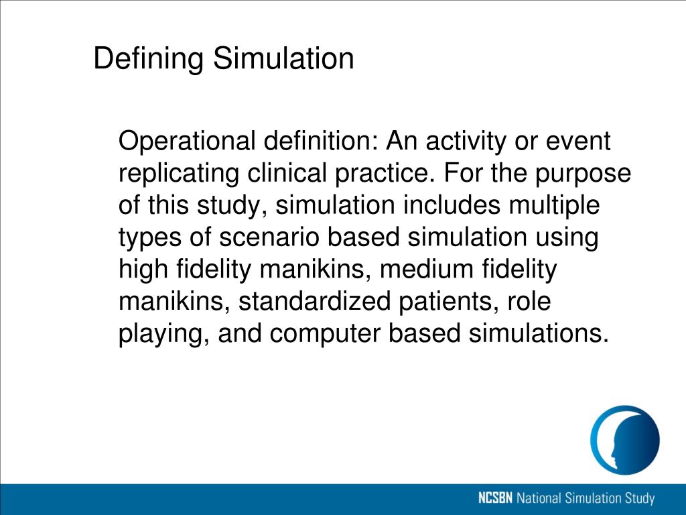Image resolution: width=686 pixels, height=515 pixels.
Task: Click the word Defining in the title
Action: coord(149,60)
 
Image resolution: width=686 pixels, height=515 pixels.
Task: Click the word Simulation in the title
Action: coord(283,58)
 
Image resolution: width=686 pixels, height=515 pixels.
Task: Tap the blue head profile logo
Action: coord(624,440)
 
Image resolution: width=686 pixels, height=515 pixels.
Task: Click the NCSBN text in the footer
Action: coord(496,499)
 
